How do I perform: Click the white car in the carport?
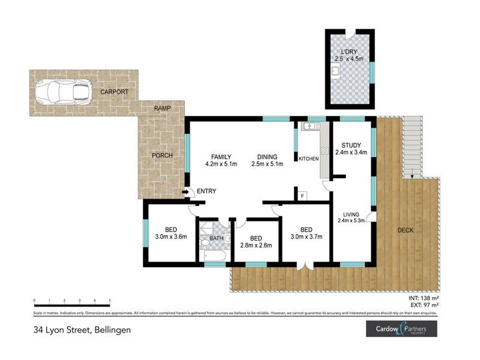[62, 92]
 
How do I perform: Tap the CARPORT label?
[115, 92]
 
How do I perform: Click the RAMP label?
[162, 108]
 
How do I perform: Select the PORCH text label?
[162, 155]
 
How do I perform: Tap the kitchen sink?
[311, 127]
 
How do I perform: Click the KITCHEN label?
[308, 158]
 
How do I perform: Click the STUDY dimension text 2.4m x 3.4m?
[350, 153]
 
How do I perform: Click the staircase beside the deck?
[413, 146]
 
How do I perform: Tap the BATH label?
[216, 238]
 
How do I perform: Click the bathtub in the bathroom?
[214, 257]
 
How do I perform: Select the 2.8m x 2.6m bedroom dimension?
[257, 244]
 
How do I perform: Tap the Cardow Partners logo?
[401, 329]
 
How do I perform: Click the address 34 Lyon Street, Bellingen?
[82, 329]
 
